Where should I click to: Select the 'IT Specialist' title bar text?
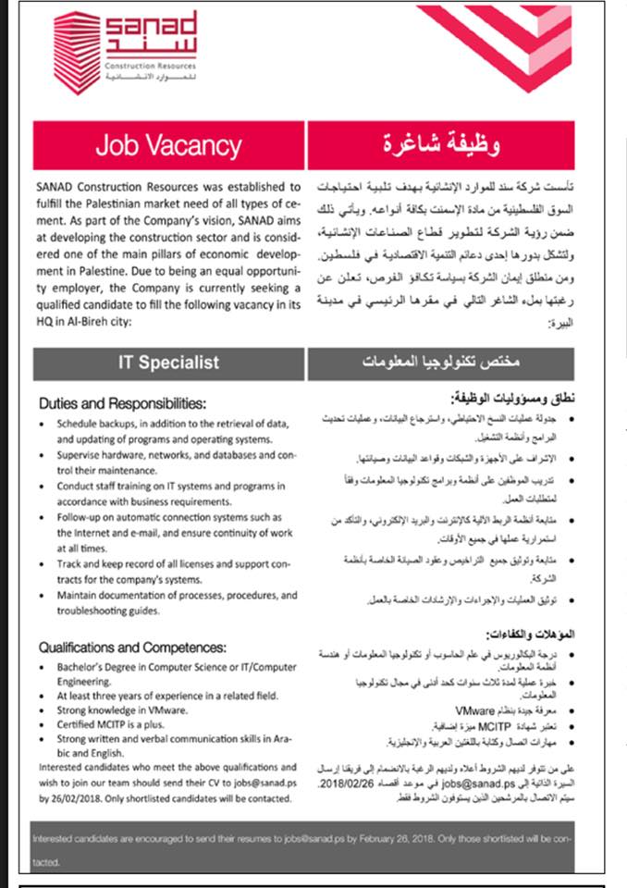coord(167,363)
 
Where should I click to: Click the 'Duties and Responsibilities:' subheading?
coord(122,402)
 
